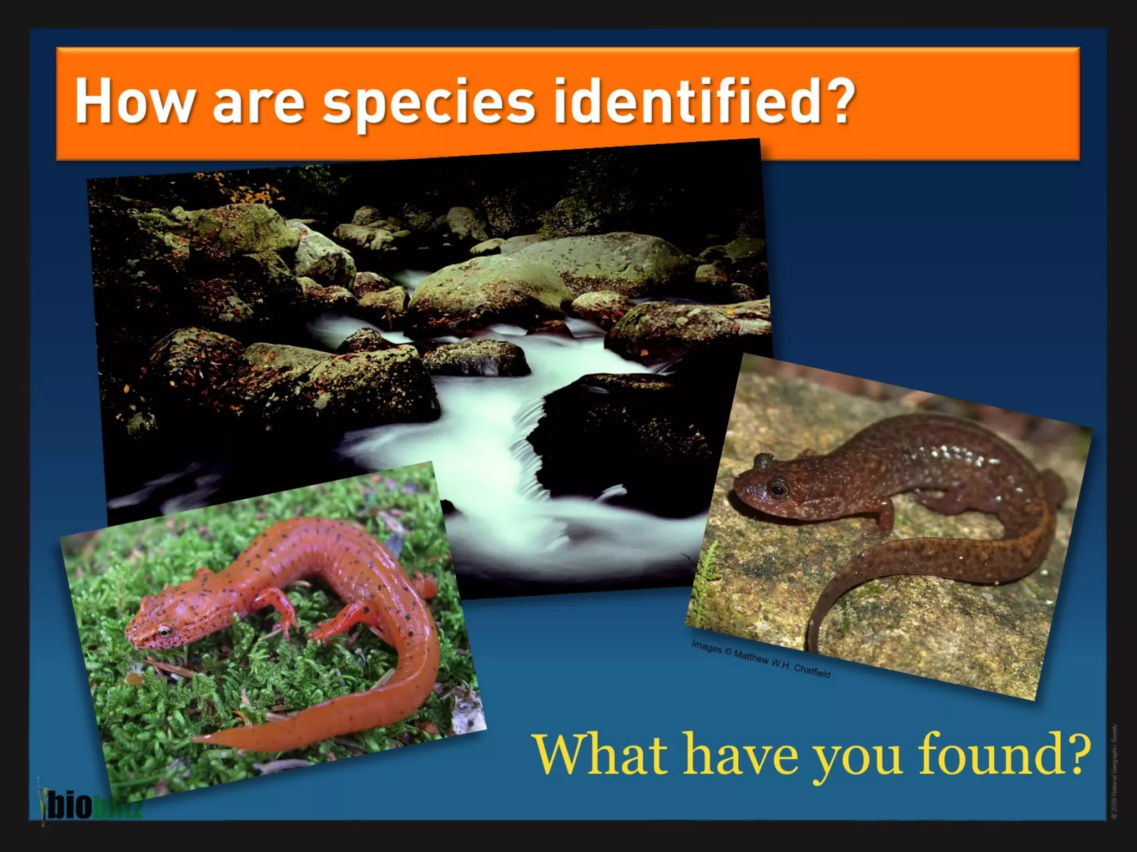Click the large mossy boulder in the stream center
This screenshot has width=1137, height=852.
tap(489, 288)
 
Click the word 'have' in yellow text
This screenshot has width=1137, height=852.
tap(741, 754)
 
